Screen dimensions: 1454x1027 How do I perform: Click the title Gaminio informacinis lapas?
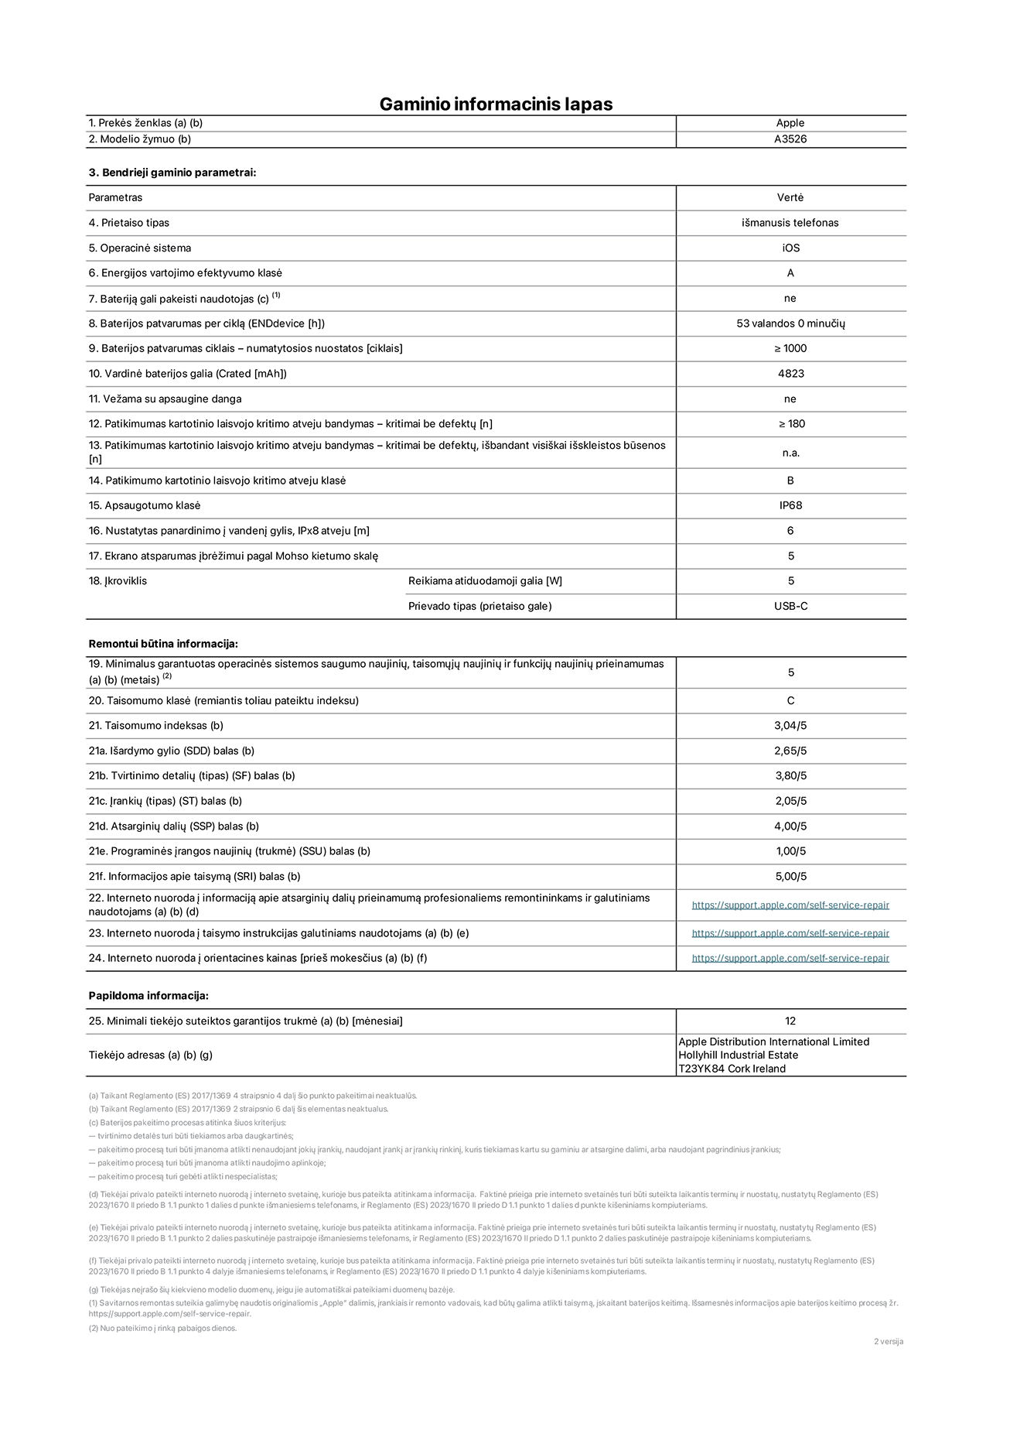[x=496, y=104]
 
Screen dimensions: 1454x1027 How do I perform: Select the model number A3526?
[x=790, y=139]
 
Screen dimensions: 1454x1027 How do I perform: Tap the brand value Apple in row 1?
[x=790, y=123]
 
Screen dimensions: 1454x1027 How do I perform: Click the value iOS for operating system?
[x=790, y=248]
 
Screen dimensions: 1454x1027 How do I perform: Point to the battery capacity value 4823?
[x=790, y=374]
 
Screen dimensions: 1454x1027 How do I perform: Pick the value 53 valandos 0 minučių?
[x=790, y=323]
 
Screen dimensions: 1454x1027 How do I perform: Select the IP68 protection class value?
[x=790, y=505]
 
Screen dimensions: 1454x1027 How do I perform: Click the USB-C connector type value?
[x=790, y=606]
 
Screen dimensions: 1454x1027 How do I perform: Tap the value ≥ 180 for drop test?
[x=790, y=424]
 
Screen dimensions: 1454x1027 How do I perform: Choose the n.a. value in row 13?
[x=790, y=453]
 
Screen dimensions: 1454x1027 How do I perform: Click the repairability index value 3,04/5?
[x=790, y=726]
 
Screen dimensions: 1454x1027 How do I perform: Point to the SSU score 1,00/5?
[x=790, y=851]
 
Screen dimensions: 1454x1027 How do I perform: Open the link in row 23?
[x=790, y=933]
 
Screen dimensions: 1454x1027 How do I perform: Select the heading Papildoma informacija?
[x=148, y=996]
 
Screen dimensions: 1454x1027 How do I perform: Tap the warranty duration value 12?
[x=790, y=1021]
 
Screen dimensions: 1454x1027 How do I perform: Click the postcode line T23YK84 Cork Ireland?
[x=732, y=1069]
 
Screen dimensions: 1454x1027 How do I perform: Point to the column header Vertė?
[x=790, y=198]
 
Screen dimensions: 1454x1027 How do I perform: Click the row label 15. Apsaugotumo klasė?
[x=145, y=505]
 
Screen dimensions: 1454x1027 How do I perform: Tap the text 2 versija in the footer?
[x=888, y=1342]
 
